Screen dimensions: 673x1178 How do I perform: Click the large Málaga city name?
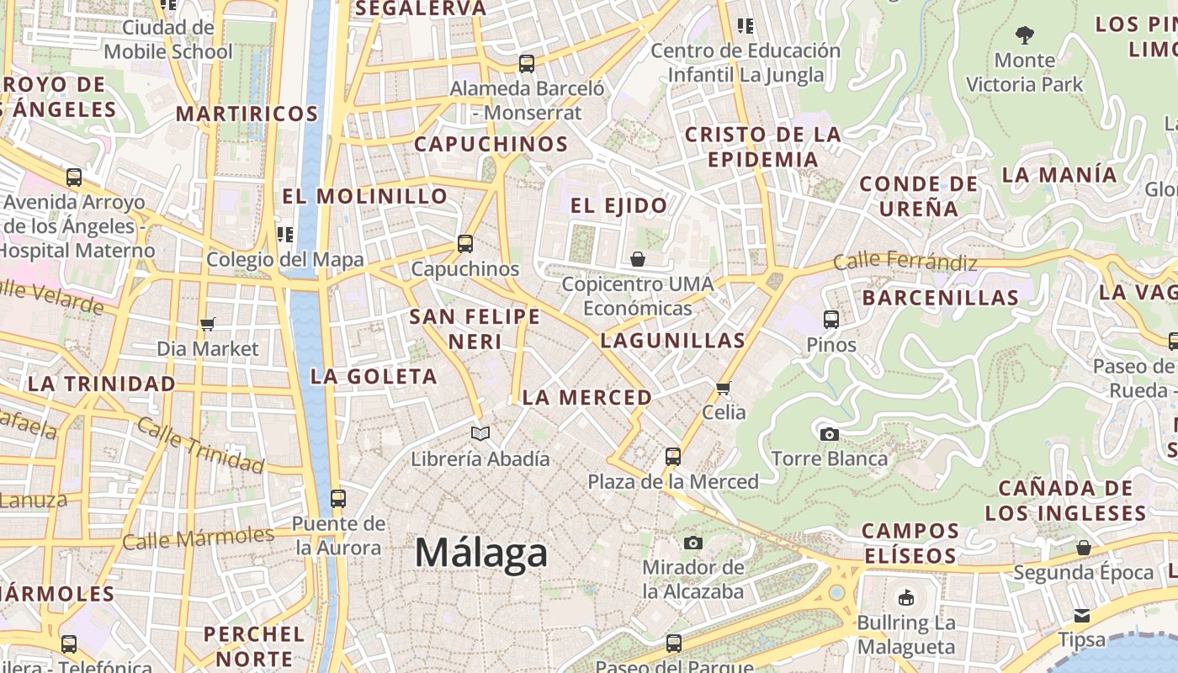click(x=481, y=553)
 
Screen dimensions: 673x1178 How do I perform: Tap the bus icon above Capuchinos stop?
click(x=464, y=244)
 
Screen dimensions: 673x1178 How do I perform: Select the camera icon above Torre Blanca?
click(x=829, y=434)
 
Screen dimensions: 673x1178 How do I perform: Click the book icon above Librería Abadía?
click(x=480, y=434)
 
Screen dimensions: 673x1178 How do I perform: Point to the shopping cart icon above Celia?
click(x=723, y=388)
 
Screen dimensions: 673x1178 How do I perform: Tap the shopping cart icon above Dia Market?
click(x=208, y=324)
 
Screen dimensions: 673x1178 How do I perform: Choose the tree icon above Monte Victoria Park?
click(x=1024, y=35)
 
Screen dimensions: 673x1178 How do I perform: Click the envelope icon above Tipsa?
click(x=1082, y=616)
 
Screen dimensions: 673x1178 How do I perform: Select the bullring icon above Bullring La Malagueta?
click(x=906, y=598)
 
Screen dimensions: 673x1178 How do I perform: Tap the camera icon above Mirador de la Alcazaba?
click(x=692, y=543)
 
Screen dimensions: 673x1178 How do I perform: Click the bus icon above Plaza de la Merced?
click(x=673, y=457)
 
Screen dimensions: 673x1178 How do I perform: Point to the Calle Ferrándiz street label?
click(x=905, y=262)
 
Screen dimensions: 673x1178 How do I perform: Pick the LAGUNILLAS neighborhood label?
click(x=673, y=341)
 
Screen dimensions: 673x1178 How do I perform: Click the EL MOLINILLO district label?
click(x=364, y=197)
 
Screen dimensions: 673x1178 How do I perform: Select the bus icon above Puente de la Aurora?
click(x=338, y=499)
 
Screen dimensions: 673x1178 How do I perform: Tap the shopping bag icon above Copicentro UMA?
click(x=638, y=259)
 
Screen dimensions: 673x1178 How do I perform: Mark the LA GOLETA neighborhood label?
click(x=374, y=377)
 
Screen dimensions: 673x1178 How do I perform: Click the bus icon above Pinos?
click(x=831, y=320)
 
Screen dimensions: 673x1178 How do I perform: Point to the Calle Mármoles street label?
click(x=199, y=538)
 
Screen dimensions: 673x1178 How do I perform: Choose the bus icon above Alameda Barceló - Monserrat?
click(x=527, y=63)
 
